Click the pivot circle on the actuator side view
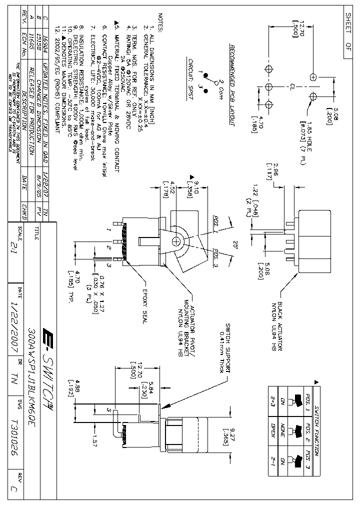pyautogui.click(x=176, y=241)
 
